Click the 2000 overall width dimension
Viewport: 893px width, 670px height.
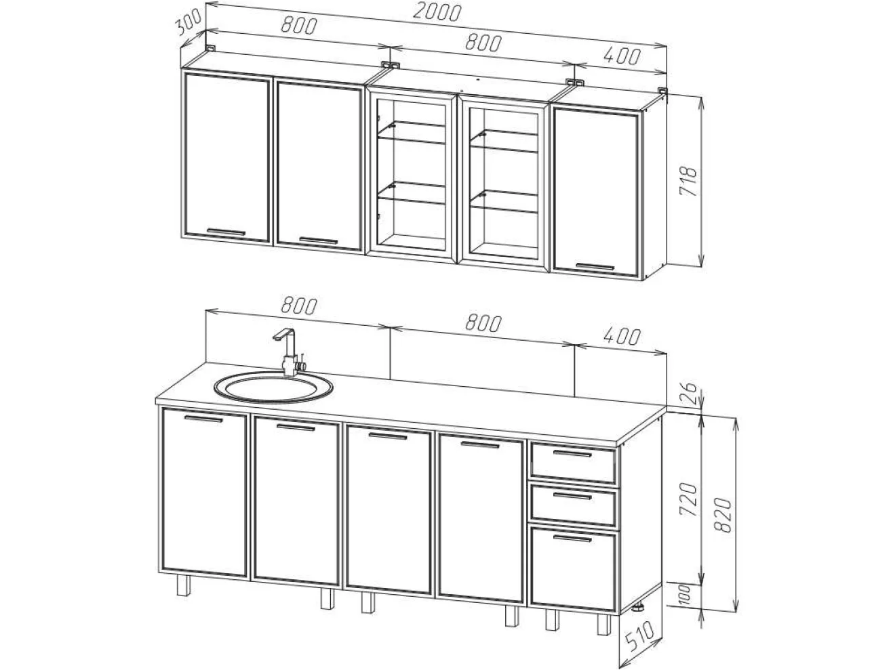coord(437,13)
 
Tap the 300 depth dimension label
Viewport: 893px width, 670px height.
coord(188,23)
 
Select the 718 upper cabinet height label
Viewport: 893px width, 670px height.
coord(689,181)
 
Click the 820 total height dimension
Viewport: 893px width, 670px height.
coord(723,516)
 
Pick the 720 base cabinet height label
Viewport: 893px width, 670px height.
coord(689,499)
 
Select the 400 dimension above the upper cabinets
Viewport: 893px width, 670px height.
coord(621,56)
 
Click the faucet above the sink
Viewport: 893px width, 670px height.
coord(290,352)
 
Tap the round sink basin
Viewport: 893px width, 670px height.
coord(273,388)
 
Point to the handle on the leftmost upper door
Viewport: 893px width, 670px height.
coord(226,232)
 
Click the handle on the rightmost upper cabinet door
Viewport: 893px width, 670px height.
coord(595,266)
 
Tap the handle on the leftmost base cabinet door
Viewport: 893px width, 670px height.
coord(203,419)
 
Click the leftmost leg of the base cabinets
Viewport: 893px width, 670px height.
coord(184,585)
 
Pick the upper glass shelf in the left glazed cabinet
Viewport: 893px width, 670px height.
coord(412,132)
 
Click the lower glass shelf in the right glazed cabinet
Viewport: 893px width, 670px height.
coord(504,201)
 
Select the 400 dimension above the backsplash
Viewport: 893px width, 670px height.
coord(621,337)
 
